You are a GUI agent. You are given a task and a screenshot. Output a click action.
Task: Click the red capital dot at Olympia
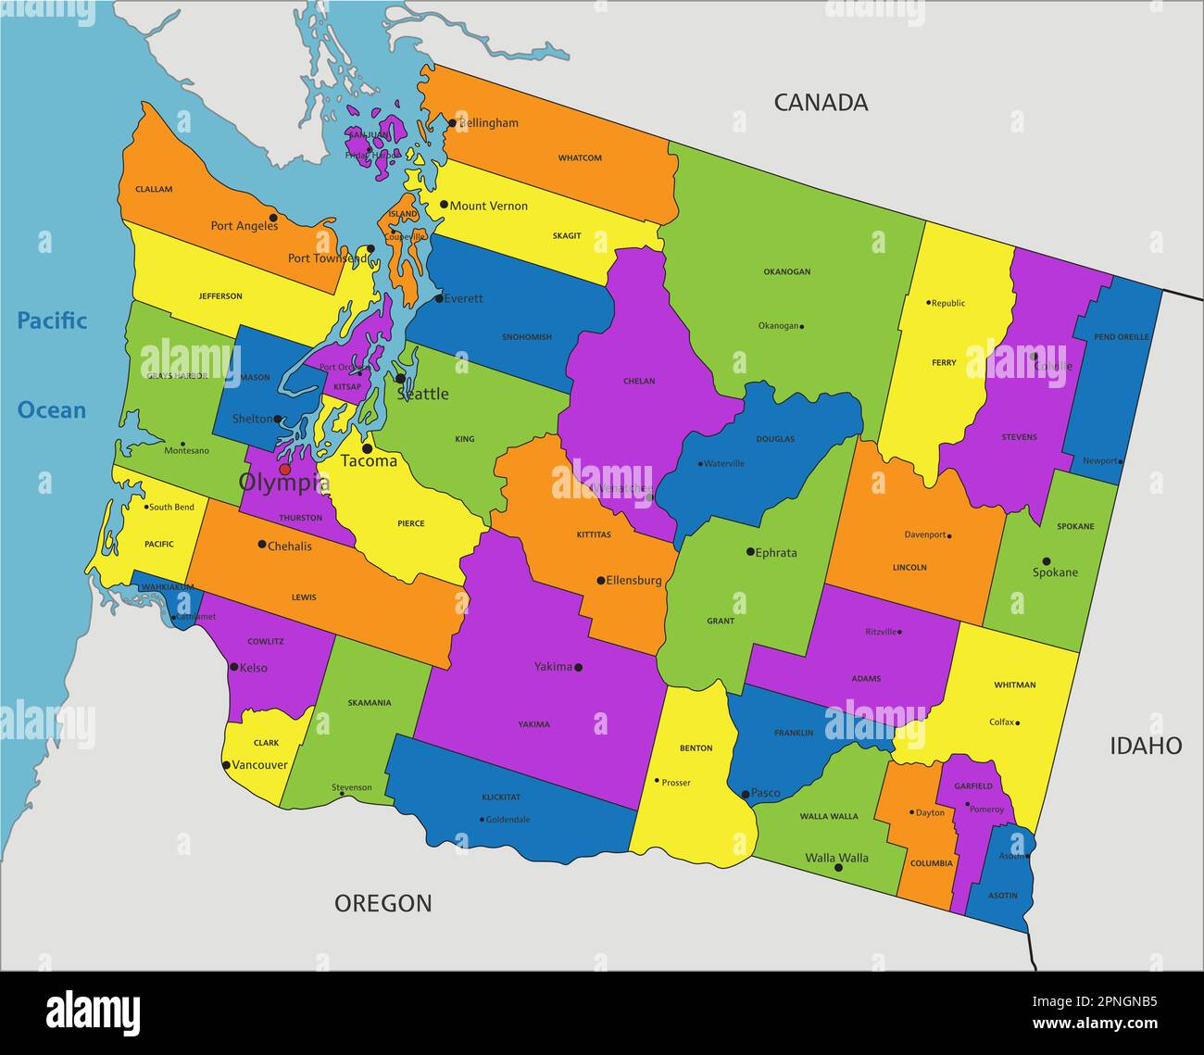pyautogui.click(x=284, y=470)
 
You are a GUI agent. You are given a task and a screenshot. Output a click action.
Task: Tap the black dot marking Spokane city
pyautogui.click(x=1047, y=561)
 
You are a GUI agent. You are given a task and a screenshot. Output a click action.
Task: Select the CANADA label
pyautogui.click(x=821, y=103)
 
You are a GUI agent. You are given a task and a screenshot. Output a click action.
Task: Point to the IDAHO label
pyautogui.click(x=1146, y=746)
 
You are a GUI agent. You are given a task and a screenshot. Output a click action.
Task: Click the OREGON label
pyautogui.click(x=383, y=903)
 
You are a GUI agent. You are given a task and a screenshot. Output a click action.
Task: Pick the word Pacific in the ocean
pyautogui.click(x=52, y=321)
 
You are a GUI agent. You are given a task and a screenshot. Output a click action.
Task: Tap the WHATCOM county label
pyautogui.click(x=580, y=158)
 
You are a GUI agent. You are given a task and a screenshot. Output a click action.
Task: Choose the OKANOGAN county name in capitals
pyautogui.click(x=786, y=272)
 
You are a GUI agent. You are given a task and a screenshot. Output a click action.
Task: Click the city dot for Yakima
pyautogui.click(x=579, y=667)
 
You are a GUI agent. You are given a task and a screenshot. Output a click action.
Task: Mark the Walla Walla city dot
pyautogui.click(x=838, y=868)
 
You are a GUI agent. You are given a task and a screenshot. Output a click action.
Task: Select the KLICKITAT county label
pyautogui.click(x=501, y=798)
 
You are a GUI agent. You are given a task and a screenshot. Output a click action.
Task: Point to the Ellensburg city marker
pyautogui.click(x=600, y=581)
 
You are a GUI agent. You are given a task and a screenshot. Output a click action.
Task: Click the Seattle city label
pyautogui.click(x=422, y=394)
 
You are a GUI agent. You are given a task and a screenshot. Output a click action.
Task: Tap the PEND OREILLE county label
pyautogui.click(x=1121, y=337)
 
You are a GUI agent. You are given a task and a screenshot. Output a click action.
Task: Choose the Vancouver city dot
pyautogui.click(x=227, y=765)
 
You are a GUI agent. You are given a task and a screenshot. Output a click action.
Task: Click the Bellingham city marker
pyautogui.click(x=452, y=122)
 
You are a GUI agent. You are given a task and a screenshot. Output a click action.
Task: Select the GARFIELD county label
pyautogui.click(x=973, y=786)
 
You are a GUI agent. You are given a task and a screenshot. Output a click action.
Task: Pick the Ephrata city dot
pyautogui.click(x=750, y=552)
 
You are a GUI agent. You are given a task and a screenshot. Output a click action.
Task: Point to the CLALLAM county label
pyautogui.click(x=154, y=190)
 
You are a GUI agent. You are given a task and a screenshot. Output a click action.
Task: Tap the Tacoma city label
pyautogui.click(x=369, y=460)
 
